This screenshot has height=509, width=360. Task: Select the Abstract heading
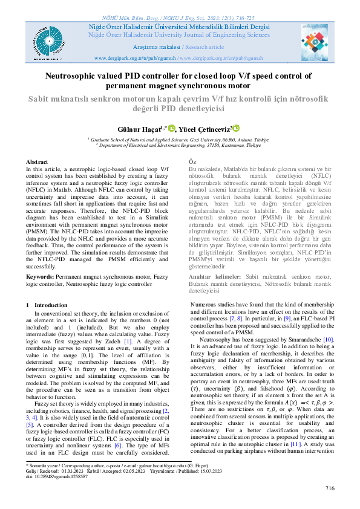pyautogui.click(x=38, y=163)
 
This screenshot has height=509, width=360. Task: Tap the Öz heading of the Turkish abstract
pyautogui.click(x=176, y=163)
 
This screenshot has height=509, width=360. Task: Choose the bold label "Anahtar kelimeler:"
pyautogui.click(x=198, y=276)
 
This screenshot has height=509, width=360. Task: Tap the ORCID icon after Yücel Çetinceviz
pyautogui.click(x=237, y=128)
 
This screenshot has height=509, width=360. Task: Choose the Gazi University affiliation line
pyautogui.click(x=180, y=139)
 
